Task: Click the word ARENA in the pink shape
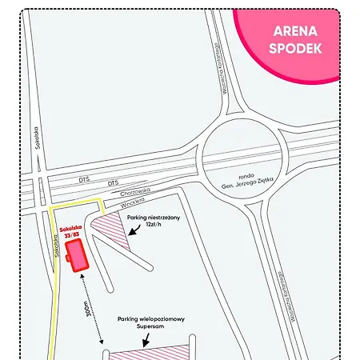295,32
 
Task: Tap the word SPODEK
295,48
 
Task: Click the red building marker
78,255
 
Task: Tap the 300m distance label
87,310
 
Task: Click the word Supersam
150,328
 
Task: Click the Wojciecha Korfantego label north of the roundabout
214,81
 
